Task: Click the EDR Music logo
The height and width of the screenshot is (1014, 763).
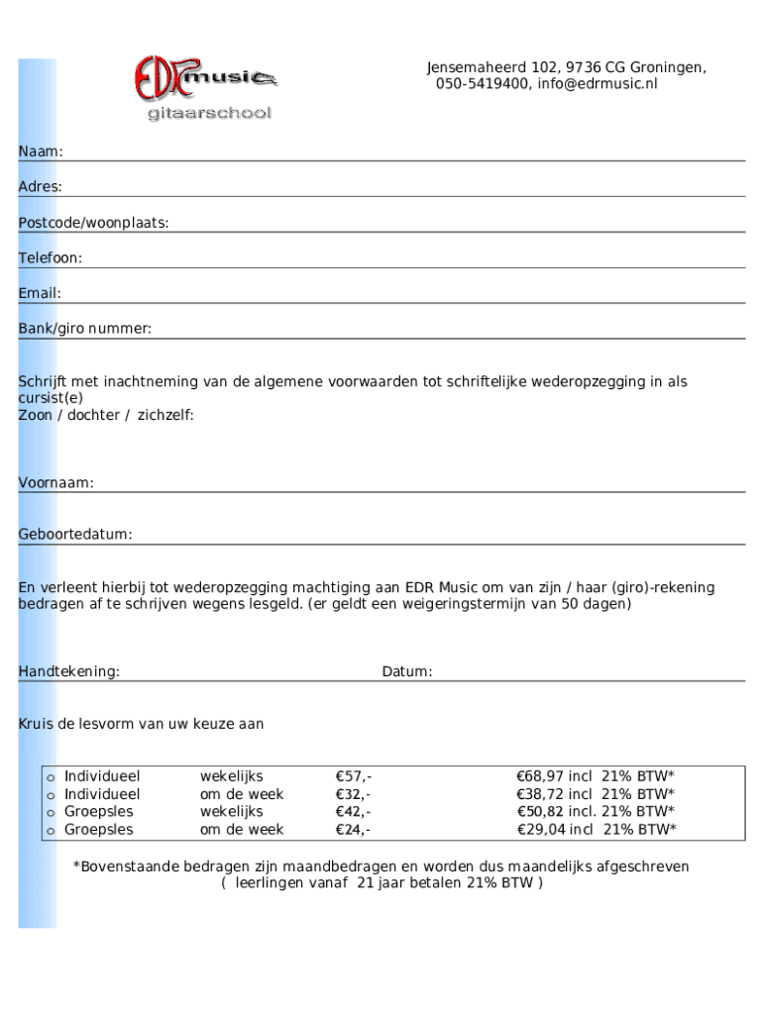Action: click(205, 76)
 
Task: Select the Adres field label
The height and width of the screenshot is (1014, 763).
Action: click(41, 187)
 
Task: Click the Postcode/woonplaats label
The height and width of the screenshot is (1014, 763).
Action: click(93, 223)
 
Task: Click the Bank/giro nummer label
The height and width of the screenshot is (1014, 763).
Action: click(85, 329)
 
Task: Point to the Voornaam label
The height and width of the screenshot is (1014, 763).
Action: click(56, 483)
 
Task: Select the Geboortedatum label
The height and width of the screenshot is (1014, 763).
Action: click(75, 535)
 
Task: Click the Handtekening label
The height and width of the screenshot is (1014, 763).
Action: click(69, 672)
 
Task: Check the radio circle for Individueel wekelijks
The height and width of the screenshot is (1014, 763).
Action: click(50, 777)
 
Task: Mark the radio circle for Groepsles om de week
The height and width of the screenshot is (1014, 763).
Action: click(50, 831)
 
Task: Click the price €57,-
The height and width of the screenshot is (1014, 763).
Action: click(354, 776)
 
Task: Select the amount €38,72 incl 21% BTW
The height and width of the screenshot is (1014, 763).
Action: click(596, 794)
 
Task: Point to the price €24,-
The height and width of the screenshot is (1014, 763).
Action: click(354, 830)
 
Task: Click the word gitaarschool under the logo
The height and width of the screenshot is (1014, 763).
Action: click(209, 114)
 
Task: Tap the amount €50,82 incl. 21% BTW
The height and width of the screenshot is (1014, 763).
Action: click(596, 812)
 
